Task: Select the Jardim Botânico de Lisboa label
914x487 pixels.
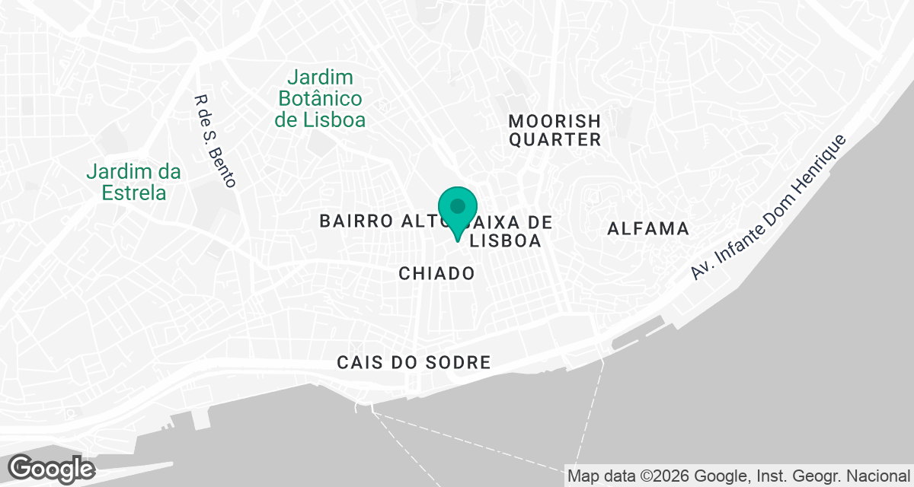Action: point(320,98)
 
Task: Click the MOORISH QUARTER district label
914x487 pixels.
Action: point(554,130)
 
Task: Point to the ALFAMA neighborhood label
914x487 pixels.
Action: point(648,228)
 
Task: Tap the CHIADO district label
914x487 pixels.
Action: point(436,273)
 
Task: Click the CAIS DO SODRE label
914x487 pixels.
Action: point(414,363)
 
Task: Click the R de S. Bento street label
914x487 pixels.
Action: point(216,141)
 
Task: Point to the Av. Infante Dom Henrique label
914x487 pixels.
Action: point(769,207)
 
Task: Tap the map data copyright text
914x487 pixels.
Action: point(739,476)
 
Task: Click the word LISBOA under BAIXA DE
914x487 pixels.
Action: point(507,241)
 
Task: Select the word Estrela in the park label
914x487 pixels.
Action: point(135,193)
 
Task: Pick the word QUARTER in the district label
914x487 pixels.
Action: point(555,140)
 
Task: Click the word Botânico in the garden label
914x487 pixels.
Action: point(320,98)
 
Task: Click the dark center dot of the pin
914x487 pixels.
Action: point(458,205)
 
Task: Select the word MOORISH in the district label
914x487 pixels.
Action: point(554,121)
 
